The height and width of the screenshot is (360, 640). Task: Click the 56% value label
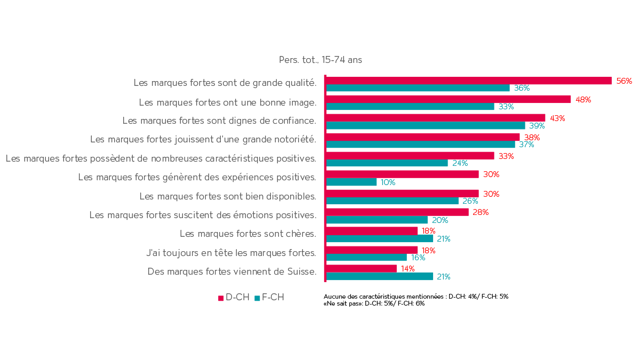coord(623,81)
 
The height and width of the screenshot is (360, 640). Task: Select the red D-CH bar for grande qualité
coord(468,81)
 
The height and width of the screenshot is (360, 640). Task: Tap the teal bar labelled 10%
coord(351,182)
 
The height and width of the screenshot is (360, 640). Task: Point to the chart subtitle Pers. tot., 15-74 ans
coord(320,60)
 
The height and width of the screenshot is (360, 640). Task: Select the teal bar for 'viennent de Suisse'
coord(379,276)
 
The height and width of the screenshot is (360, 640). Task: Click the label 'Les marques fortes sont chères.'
coord(247,234)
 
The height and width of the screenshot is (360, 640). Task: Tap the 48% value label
coord(583,100)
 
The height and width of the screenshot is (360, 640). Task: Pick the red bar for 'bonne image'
coord(448,99)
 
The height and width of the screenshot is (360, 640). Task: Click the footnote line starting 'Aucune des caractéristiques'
coord(417,296)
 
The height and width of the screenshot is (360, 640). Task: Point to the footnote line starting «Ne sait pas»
coord(374,303)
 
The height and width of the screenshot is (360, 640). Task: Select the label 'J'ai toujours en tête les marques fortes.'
coord(231,253)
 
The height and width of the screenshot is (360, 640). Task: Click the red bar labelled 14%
coord(361,268)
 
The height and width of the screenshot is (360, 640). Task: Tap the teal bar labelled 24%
coord(387,163)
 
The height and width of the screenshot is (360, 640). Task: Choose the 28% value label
coord(481,212)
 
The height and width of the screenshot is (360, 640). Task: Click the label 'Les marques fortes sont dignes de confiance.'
coord(219,121)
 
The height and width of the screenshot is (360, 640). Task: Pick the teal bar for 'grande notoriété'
coord(420,145)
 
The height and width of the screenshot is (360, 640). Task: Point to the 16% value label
coord(418,258)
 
